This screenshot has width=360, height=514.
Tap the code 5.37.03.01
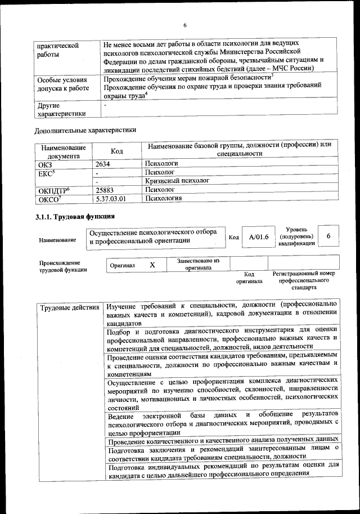111,199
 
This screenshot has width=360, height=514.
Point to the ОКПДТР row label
53,190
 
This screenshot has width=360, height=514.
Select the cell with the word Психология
163,199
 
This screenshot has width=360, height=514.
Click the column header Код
116,151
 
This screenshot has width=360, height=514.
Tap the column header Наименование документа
63,151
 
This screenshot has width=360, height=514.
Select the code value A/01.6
259,237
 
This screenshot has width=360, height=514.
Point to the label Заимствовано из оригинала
198,264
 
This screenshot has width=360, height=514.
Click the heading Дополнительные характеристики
85,130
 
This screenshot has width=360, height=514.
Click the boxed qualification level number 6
329,236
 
